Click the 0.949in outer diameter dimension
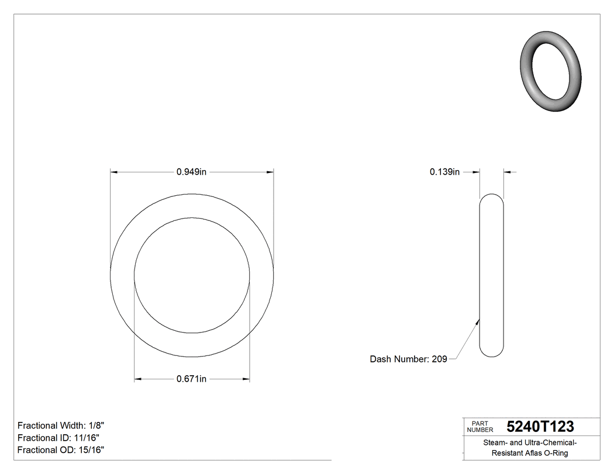coord(191,172)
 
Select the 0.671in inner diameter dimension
coord(191,379)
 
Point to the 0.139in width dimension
coord(444,172)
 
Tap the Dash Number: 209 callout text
coord(408,359)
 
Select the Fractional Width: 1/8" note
coord(61,425)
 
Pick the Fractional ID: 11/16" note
coord(59,438)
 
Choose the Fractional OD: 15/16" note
coord(61,450)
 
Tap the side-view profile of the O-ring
coord(491,275)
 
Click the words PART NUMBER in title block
coord(480,427)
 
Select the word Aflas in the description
coord(537,453)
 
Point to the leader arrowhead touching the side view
coord(478,320)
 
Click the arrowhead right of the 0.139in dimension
coord(507,172)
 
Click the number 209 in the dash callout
coord(439,359)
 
